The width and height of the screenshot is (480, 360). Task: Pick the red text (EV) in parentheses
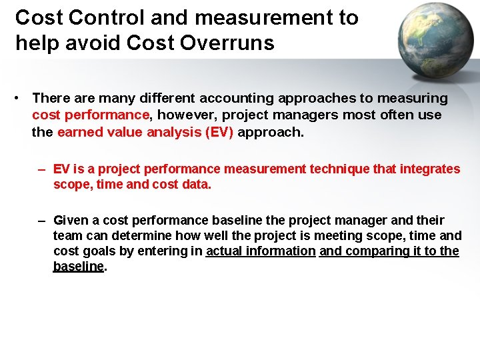click(x=220, y=132)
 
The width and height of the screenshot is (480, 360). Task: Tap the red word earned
click(x=79, y=132)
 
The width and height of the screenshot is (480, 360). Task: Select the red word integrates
click(x=430, y=169)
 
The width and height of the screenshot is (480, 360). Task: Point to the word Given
click(x=71, y=220)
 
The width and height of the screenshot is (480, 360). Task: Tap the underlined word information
click(x=281, y=251)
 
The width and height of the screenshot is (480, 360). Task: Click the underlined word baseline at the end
click(x=79, y=266)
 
